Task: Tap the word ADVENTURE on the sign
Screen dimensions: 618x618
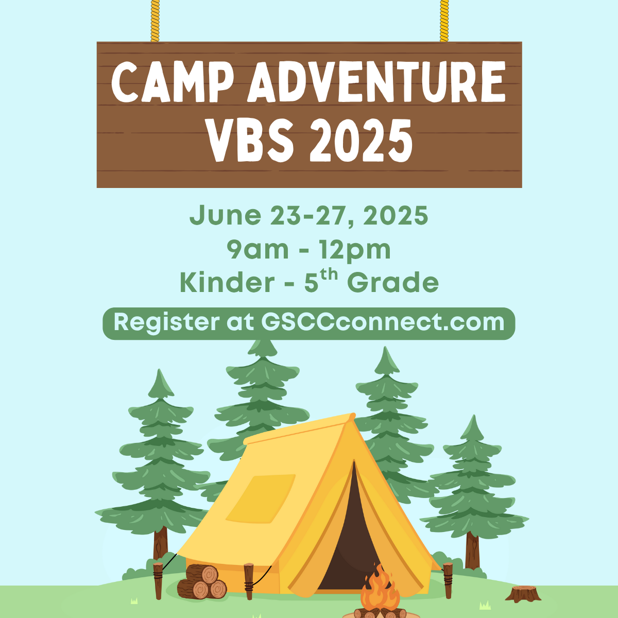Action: pyautogui.click(x=376, y=82)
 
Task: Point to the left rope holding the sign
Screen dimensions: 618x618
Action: pyautogui.click(x=155, y=21)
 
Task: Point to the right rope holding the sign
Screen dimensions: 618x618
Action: pyautogui.click(x=444, y=21)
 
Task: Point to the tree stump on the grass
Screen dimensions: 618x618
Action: pyautogui.click(x=523, y=594)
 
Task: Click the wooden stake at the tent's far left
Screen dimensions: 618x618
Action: pyautogui.click(x=158, y=580)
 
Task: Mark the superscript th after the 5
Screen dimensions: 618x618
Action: pyautogui.click(x=329, y=275)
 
